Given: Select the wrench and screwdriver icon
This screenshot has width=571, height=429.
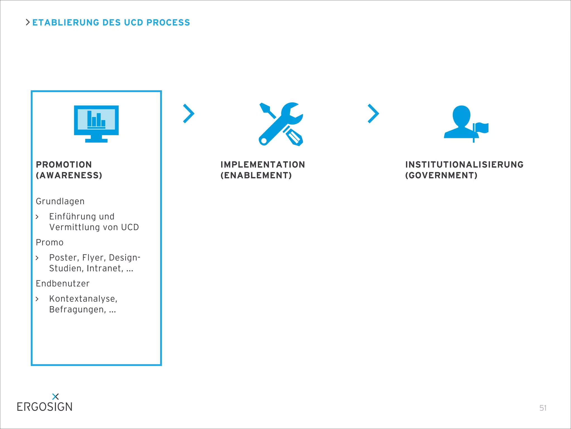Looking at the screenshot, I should pyautogui.click(x=281, y=124).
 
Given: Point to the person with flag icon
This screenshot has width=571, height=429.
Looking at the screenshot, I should pyautogui.click(x=463, y=123).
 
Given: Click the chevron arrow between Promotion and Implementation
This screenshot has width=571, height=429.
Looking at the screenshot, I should pyautogui.click(x=188, y=113).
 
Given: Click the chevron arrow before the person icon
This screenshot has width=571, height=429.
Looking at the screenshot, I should pyautogui.click(x=373, y=113).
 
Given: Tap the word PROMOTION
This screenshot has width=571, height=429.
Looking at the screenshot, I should pyautogui.click(x=64, y=165).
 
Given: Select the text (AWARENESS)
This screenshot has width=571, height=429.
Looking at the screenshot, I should pyautogui.click(x=69, y=175).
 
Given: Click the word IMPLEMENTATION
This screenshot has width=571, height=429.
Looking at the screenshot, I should pyautogui.click(x=263, y=165).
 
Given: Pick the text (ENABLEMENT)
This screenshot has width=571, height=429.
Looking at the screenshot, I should pyautogui.click(x=256, y=175).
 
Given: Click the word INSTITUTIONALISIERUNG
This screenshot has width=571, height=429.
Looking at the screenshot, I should pyautogui.click(x=464, y=165).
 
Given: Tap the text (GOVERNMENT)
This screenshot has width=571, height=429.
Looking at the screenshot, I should pyautogui.click(x=441, y=175).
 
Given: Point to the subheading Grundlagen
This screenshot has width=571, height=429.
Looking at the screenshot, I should pyautogui.click(x=60, y=201).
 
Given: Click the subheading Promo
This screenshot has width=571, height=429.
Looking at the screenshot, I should pyautogui.click(x=50, y=242).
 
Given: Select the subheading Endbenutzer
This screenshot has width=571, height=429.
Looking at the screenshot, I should pyautogui.click(x=63, y=283).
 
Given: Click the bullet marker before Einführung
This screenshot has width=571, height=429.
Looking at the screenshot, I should pyautogui.click(x=37, y=217).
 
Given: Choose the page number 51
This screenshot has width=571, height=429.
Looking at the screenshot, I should pyautogui.click(x=543, y=408).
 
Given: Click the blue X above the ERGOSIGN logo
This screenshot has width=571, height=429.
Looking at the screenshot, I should pyautogui.click(x=55, y=396).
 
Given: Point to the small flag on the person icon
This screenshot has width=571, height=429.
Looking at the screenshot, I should pyautogui.click(x=482, y=128).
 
